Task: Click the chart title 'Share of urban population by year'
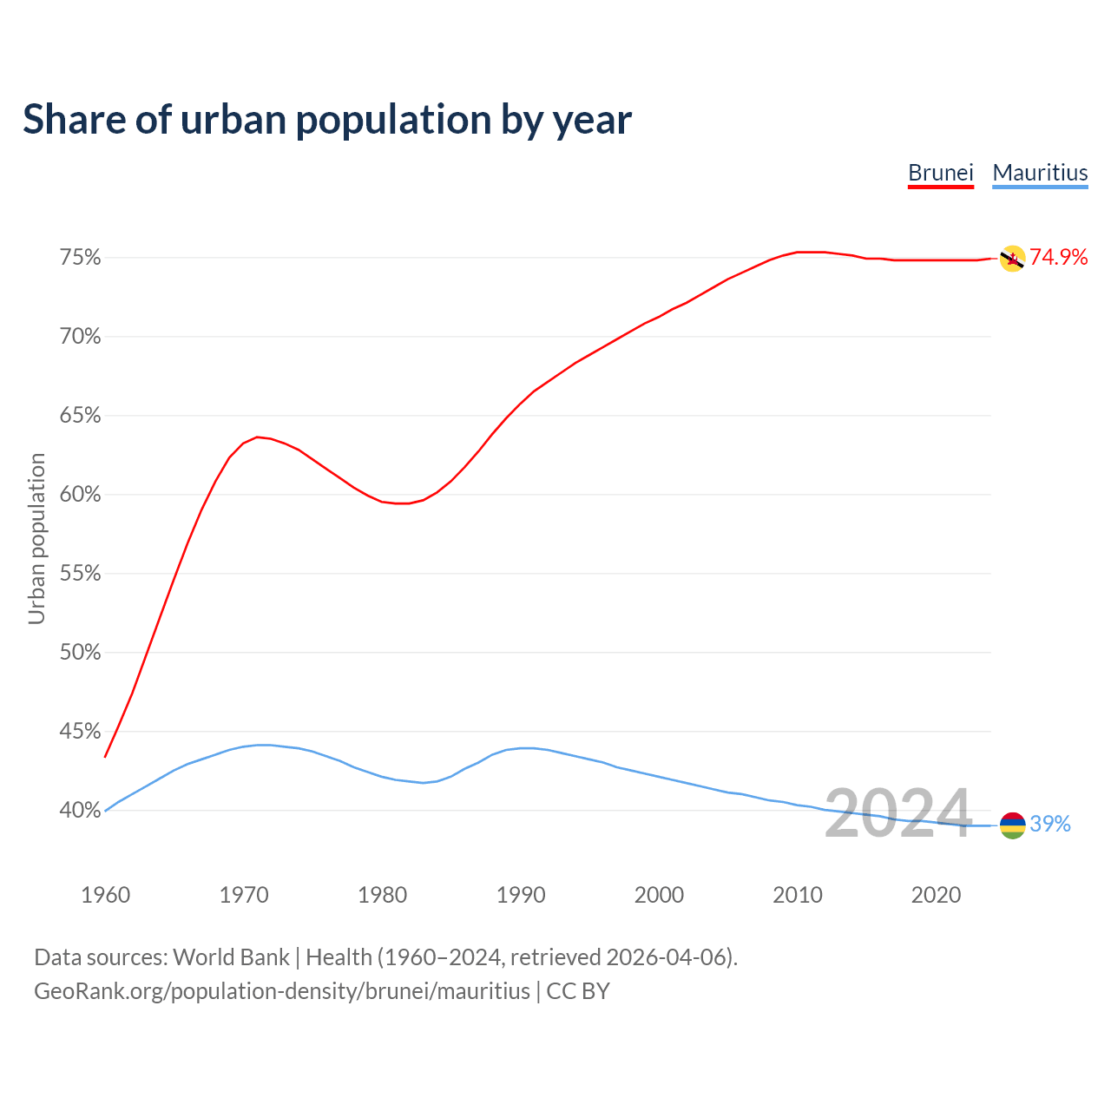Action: coord(327,120)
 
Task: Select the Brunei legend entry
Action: coord(940,173)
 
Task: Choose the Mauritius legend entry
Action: coord(1040,173)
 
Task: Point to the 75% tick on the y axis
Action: coord(80,258)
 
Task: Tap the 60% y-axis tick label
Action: coord(80,495)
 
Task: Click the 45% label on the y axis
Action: coord(80,732)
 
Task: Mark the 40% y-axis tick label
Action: coord(80,811)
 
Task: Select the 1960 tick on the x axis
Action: coord(105,895)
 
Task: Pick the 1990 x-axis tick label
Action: coord(521,895)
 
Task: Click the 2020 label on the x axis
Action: coord(936,895)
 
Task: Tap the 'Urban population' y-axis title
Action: coord(36,538)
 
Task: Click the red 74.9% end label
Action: coord(1058,257)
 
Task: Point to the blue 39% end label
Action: coord(1050,825)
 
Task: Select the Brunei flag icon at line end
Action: coord(1012,259)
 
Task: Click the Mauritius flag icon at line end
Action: coord(1012,825)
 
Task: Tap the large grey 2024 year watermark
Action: coord(897,813)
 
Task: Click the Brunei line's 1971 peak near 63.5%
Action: coord(257,437)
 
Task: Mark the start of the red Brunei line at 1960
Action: coord(105,757)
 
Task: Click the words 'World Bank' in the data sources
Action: coord(231,957)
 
